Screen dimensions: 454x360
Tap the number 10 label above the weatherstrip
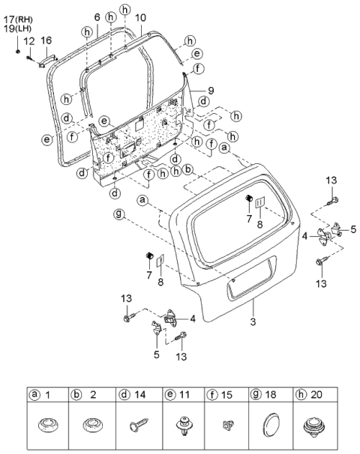pos(141,16)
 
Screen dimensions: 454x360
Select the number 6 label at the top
pos(97,16)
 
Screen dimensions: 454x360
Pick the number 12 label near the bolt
pos(29,40)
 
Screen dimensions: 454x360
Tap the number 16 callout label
pos(46,40)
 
